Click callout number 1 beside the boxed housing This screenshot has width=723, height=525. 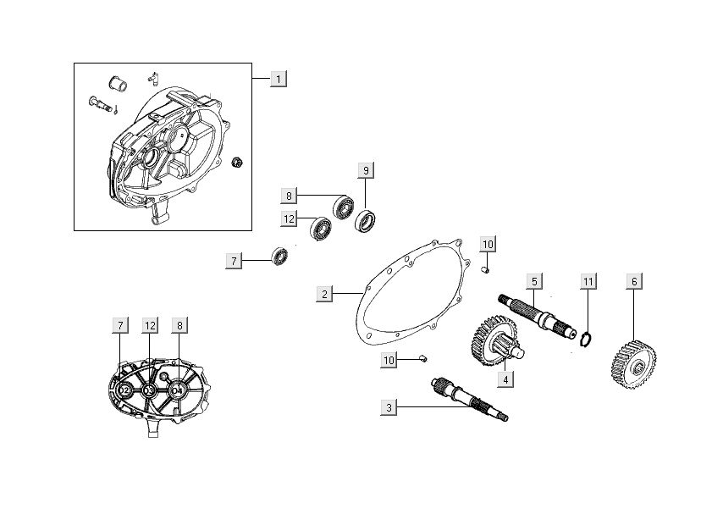tap(279, 79)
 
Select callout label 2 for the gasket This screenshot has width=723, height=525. tap(324, 294)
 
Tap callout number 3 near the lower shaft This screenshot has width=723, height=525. tap(389, 408)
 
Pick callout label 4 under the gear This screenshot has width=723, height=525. tap(505, 380)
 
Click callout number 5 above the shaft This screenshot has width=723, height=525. tap(534, 280)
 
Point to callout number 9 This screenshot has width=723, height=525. tap(366, 169)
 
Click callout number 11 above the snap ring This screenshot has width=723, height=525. tap(588, 280)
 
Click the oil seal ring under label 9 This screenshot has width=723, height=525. tap(367, 222)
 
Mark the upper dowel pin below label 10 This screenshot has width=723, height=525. tap(485, 270)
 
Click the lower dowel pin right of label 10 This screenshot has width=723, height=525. tap(422, 359)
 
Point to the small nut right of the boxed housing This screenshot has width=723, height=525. tap(238, 161)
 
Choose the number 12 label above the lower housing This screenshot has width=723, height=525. tap(150, 325)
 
